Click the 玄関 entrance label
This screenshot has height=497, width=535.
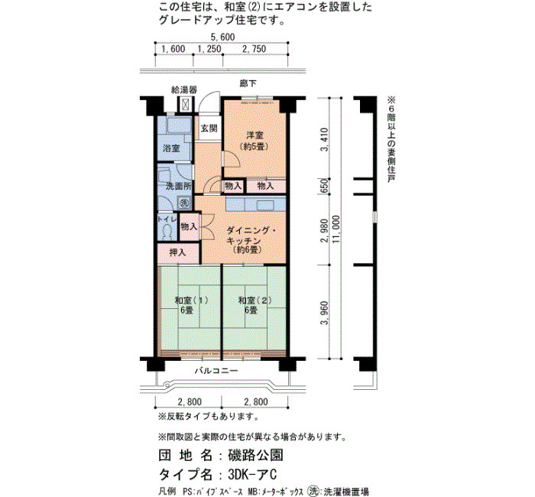click(x=209, y=128)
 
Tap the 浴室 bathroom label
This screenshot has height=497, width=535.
click(x=171, y=148)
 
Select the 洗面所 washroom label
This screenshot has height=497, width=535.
click(x=178, y=187)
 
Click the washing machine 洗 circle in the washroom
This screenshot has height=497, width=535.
click(x=184, y=203)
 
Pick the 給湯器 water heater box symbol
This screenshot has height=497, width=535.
click(x=186, y=104)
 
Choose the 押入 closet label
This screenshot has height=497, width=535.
click(x=178, y=252)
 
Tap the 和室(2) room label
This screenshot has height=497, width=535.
click(x=255, y=300)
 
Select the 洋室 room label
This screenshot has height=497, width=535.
click(x=255, y=135)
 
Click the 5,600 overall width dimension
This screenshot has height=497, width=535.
click(x=222, y=37)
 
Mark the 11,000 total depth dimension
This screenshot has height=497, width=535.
click(x=336, y=229)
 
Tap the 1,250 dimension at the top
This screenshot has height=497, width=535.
click(x=209, y=49)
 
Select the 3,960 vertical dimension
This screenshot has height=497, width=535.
click(x=325, y=313)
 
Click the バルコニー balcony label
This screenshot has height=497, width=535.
click(x=216, y=371)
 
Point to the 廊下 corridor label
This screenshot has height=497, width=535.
click(x=248, y=83)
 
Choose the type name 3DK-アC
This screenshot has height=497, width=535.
click(x=252, y=474)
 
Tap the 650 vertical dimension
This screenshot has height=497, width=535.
click(x=325, y=186)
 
